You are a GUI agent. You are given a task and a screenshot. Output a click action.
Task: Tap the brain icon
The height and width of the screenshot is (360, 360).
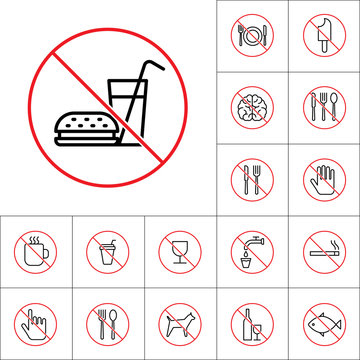coord(251,108)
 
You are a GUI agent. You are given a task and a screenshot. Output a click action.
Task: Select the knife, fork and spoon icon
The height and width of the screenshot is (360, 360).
coord(324,108)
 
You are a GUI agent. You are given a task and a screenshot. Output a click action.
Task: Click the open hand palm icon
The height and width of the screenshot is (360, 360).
coord(324,179)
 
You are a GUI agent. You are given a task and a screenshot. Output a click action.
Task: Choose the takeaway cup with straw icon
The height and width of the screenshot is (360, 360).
coord(108,251)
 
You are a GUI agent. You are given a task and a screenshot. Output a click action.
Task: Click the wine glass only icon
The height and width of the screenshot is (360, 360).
coord(180,251)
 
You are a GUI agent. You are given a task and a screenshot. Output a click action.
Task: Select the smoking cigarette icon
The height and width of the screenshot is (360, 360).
coord(324,251)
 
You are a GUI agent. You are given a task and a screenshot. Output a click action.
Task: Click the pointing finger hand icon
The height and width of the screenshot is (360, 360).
coord(36,322)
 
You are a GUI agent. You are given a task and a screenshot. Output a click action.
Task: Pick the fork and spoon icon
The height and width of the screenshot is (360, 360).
coord(108,322)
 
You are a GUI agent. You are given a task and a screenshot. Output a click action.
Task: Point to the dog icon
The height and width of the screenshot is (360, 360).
coord(180,323)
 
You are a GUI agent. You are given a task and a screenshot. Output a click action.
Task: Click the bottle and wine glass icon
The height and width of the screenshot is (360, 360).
coord(252,322)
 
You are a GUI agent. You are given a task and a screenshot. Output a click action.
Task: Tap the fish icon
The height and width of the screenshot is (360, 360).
coord(324,322)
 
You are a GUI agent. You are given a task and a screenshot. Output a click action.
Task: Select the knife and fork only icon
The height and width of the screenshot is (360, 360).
coord(251,179)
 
